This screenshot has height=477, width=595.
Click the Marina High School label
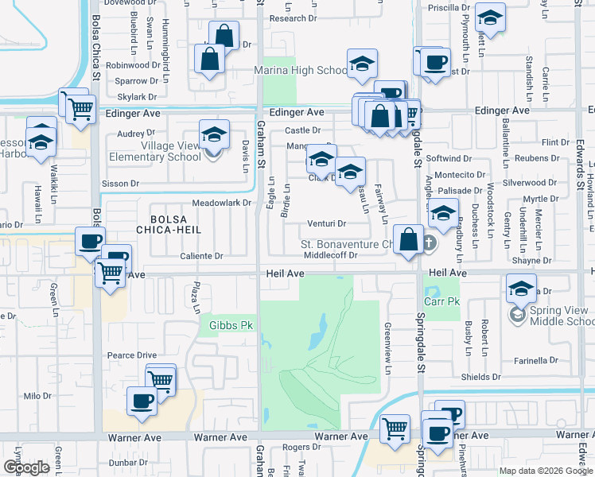(x=301, y=71)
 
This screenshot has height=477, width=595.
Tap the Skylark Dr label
(x=136, y=97)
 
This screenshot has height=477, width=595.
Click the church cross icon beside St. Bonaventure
(x=429, y=242)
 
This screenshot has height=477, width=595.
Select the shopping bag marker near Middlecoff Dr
(x=408, y=239)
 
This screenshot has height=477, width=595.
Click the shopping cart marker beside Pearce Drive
(x=161, y=378)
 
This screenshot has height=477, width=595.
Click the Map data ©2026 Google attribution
(x=545, y=471)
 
